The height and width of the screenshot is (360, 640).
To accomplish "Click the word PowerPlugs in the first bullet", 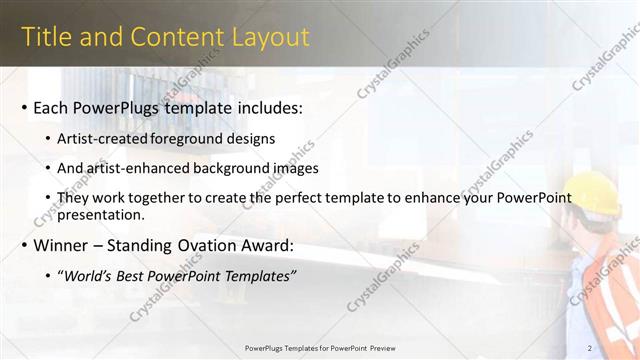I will tap(116, 107).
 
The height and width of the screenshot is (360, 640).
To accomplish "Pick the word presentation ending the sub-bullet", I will tap(100, 214).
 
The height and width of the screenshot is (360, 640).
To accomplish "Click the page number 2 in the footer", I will tap(591, 348).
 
